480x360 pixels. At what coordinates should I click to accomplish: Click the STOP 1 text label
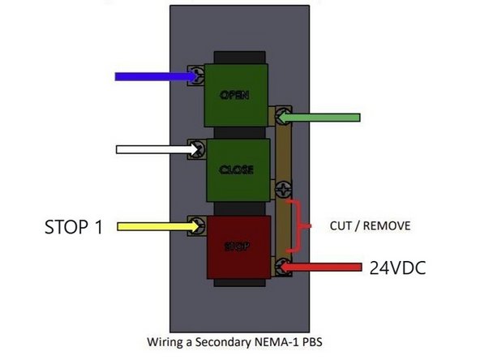tap(73, 226)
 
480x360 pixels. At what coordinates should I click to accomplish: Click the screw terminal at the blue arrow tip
tap(196, 76)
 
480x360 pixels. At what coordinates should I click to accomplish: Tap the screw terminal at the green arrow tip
tap(281, 118)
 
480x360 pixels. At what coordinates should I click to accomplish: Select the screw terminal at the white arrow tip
tap(196, 149)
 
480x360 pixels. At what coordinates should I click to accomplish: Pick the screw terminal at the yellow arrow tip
tap(196, 225)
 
